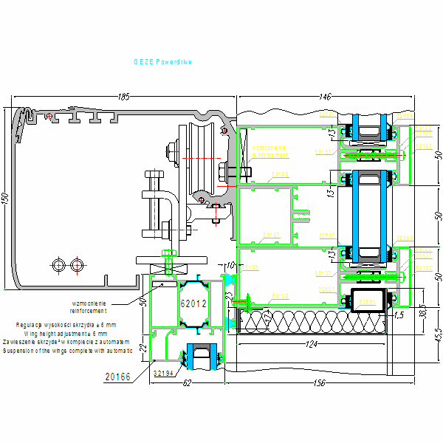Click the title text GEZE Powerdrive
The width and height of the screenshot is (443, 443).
162,63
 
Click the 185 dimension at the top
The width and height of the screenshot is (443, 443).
123,96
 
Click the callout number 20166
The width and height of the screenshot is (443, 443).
117,377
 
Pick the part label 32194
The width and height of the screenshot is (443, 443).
165,374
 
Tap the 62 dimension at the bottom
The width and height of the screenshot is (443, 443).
187,382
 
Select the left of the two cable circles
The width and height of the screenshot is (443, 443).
58,264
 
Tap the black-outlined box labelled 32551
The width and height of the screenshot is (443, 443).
367,301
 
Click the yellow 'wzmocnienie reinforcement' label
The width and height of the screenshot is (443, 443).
269,151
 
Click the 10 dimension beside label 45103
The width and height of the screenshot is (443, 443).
231,265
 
